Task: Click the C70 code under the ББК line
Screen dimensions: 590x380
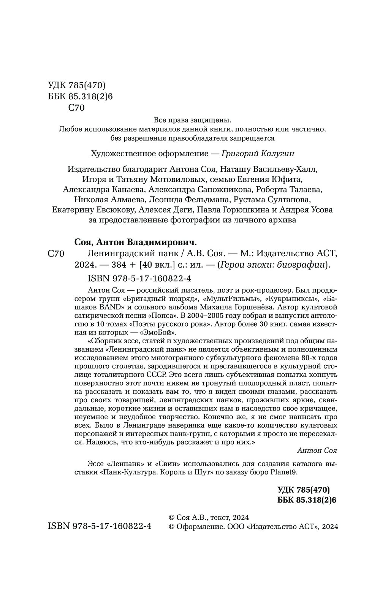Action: [76, 108]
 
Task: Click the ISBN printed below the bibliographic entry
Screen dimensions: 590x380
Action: [139, 278]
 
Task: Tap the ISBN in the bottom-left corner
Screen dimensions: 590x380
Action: [100, 526]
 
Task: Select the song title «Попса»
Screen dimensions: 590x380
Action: [164, 315]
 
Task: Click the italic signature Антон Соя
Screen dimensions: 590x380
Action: [317, 450]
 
